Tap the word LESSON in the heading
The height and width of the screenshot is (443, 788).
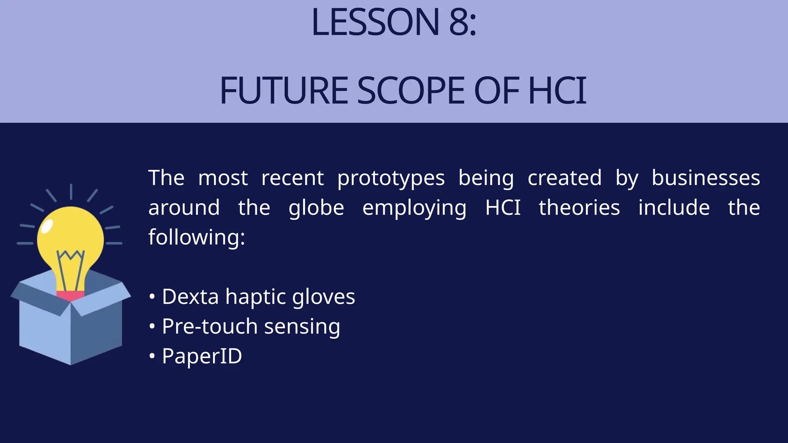coord(375,22)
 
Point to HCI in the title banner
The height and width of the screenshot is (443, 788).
coord(558,91)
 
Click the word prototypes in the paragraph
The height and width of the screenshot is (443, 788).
coord(391,178)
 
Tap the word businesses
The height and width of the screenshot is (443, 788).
coord(706,178)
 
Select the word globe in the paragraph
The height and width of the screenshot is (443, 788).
coord(316,208)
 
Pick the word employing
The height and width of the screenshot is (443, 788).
coord(414,208)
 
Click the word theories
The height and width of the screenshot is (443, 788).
coord(579,208)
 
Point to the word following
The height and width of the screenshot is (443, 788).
coord(196,237)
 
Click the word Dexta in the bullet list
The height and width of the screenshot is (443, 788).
coord(190,296)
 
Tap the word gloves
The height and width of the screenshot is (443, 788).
coord(323,297)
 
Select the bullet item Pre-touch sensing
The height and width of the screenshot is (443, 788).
coord(251,326)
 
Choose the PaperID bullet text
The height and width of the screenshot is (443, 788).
coord(202,356)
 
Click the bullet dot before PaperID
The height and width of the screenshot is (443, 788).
coord(152,356)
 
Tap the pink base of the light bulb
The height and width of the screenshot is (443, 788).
coord(70,295)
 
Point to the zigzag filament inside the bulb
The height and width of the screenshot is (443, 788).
coord(70,256)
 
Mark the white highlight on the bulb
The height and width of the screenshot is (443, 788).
coord(47,226)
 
